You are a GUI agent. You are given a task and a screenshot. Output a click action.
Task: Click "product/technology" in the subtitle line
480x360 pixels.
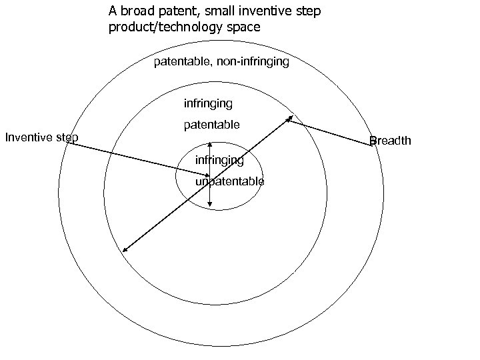[x=161, y=27]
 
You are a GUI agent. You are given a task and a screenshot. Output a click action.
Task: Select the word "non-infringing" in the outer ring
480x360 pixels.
[x=253, y=62]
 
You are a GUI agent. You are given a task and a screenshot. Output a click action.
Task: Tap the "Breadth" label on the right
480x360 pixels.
[x=391, y=141]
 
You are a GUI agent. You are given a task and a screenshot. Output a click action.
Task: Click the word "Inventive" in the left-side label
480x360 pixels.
[x=30, y=138]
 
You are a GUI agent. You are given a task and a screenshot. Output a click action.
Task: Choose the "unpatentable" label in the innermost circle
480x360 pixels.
[x=229, y=181]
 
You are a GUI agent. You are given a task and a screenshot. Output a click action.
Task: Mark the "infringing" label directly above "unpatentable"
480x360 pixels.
[x=219, y=160]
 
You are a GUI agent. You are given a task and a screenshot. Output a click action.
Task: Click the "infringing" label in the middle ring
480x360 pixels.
[x=208, y=103]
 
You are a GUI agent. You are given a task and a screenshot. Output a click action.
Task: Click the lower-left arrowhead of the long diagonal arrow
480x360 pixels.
[x=123, y=251]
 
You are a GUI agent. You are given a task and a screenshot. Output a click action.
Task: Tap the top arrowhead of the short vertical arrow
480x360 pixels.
[x=210, y=143]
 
